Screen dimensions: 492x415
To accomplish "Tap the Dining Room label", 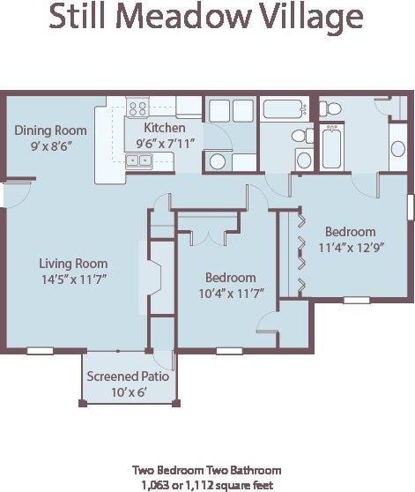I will point(51,130).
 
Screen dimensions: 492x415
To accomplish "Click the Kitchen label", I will point(165,127).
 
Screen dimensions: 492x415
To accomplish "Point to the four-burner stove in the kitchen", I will point(138,109).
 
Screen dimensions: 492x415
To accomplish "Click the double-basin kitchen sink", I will point(137,160).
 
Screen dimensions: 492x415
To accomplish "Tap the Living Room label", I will point(73,263).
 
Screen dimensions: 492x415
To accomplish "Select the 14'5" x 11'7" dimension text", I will point(73,279).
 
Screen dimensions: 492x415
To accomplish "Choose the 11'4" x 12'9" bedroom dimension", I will point(349,248).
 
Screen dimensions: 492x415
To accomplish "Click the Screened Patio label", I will point(128,376).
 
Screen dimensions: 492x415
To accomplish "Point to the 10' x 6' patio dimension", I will point(128,391).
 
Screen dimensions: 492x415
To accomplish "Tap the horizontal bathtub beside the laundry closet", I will point(283,110).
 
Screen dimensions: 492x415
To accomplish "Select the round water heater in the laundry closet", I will point(218,161).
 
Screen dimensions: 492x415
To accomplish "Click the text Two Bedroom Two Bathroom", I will point(207,470).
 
